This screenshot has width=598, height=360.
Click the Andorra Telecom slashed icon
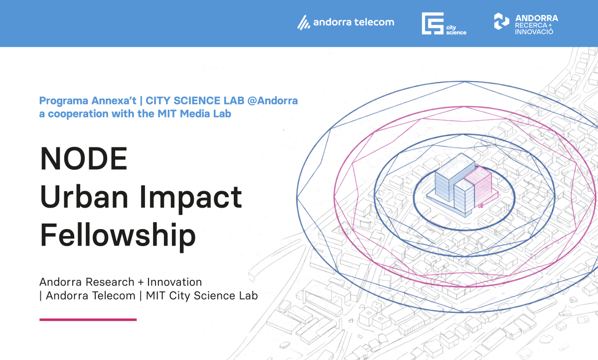(304, 22)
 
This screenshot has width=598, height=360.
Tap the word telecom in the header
(374, 22)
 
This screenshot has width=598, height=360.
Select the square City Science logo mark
(433, 23)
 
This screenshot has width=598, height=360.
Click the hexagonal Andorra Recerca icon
(501, 21)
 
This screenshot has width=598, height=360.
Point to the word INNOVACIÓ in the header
(534, 32)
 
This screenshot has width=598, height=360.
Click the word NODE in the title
(84, 158)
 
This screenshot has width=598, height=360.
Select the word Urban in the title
(84, 197)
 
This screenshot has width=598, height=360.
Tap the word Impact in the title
(190, 198)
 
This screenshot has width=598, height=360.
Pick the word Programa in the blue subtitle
(64, 101)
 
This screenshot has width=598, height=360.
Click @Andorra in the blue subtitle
(272, 101)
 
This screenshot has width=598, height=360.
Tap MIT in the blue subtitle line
(167, 114)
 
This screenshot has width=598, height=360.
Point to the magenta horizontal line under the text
(88, 320)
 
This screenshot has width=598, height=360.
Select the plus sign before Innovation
(141, 282)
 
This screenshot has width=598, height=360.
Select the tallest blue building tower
(455, 177)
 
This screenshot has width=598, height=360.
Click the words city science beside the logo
(456, 30)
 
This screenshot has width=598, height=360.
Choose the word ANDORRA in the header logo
(537, 18)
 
